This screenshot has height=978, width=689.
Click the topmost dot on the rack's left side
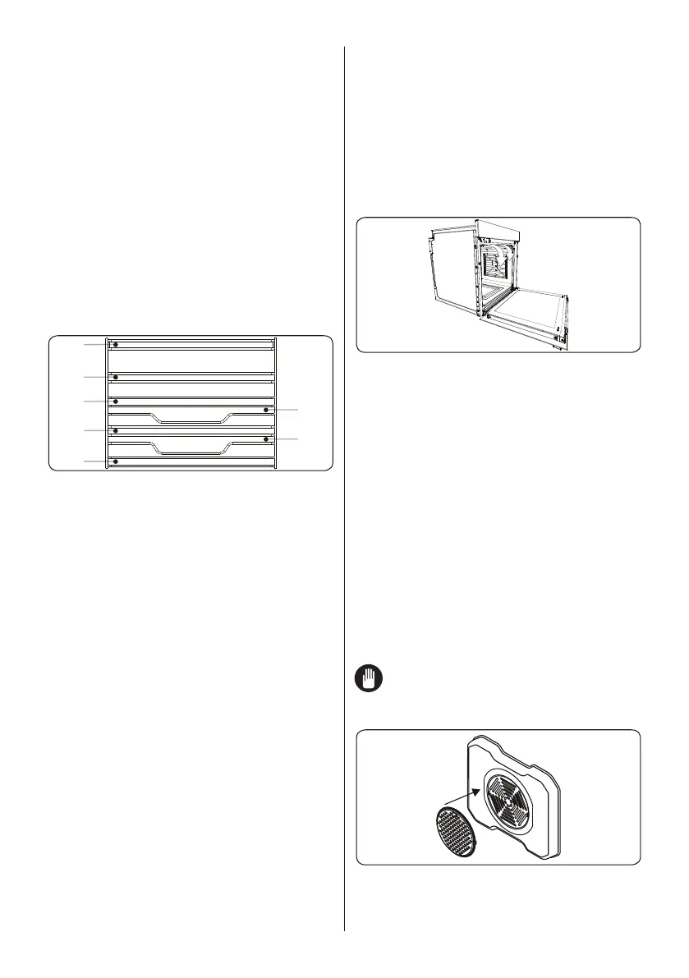point(116,345)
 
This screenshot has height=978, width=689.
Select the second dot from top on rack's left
point(116,377)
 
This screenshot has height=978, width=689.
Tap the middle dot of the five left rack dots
point(116,401)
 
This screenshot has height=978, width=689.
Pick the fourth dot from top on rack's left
point(116,430)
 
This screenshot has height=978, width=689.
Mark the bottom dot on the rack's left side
point(116,461)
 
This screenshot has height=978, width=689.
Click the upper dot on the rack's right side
point(266,409)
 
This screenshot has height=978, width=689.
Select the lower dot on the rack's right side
point(266,439)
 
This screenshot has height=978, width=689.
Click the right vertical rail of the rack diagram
point(275,402)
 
